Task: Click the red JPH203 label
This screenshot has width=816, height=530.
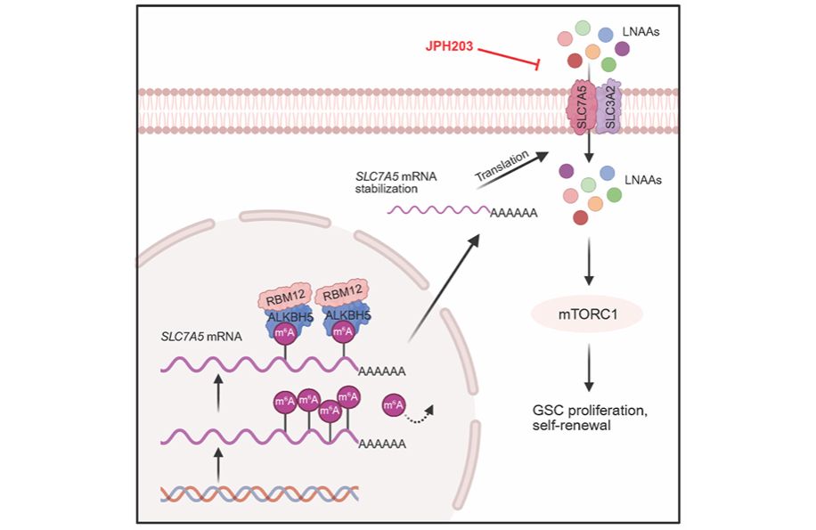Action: (449, 46)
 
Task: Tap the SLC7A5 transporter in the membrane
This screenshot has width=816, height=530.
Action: (581, 107)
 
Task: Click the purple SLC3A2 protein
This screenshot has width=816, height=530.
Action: (608, 107)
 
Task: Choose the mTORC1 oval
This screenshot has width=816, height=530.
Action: (587, 314)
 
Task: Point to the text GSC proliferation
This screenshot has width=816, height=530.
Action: (590, 411)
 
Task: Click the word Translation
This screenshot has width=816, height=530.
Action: (502, 166)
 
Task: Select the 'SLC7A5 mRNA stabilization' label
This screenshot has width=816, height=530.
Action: (396, 183)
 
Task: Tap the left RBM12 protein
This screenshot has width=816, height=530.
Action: (285, 297)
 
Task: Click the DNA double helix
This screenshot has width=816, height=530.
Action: (259, 493)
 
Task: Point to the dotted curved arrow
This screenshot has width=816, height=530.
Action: (420, 414)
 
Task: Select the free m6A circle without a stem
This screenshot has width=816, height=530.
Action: (394, 405)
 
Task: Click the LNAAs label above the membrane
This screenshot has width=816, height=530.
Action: (641, 32)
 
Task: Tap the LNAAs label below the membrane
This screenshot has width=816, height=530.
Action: (642, 180)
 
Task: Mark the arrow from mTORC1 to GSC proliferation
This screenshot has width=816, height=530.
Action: (589, 367)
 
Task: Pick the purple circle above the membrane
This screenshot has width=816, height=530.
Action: (622, 49)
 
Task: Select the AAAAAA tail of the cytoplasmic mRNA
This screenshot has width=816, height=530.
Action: (514, 213)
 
